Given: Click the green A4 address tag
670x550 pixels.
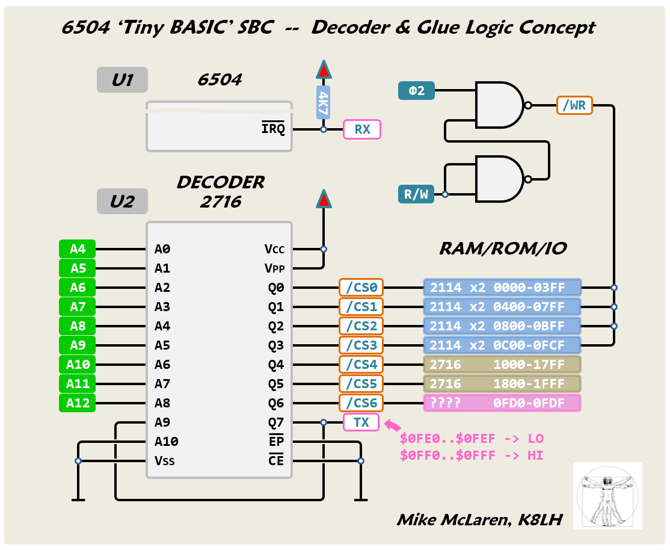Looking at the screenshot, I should click(78, 249).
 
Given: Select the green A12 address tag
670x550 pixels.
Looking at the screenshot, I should click(78, 403).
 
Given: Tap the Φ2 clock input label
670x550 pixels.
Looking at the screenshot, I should click(416, 91).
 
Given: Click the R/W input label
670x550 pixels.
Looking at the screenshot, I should click(416, 194).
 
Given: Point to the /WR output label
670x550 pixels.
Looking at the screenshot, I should click(574, 105).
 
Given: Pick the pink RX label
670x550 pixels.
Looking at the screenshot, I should click(362, 129).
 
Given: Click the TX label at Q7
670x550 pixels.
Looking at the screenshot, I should click(361, 422).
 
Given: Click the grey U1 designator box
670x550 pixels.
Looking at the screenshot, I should click(122, 80).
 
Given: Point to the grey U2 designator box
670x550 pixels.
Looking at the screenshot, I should click(122, 202).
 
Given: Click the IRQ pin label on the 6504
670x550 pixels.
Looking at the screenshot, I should click(273, 129).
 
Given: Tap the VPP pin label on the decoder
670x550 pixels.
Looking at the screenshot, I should click(274, 268).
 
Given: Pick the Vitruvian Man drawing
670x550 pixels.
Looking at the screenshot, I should click(607, 495).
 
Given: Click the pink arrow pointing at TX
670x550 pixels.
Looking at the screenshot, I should click(392, 425).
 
